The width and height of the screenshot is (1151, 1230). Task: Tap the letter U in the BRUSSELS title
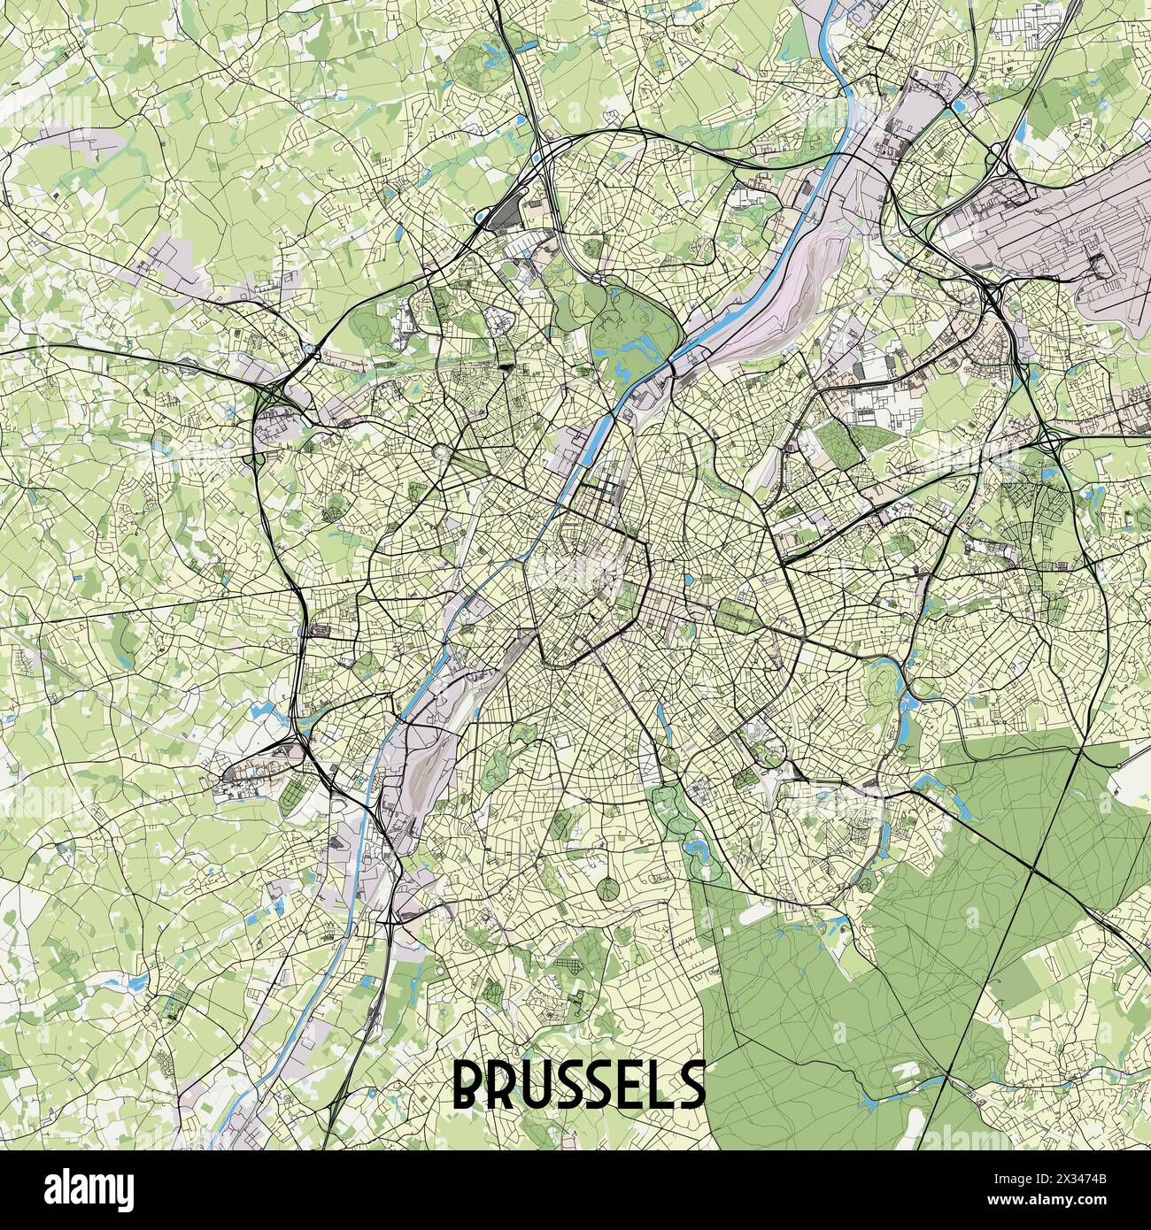click(x=542, y=1085)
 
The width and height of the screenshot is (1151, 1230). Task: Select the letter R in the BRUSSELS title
click(x=506, y=1085)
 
